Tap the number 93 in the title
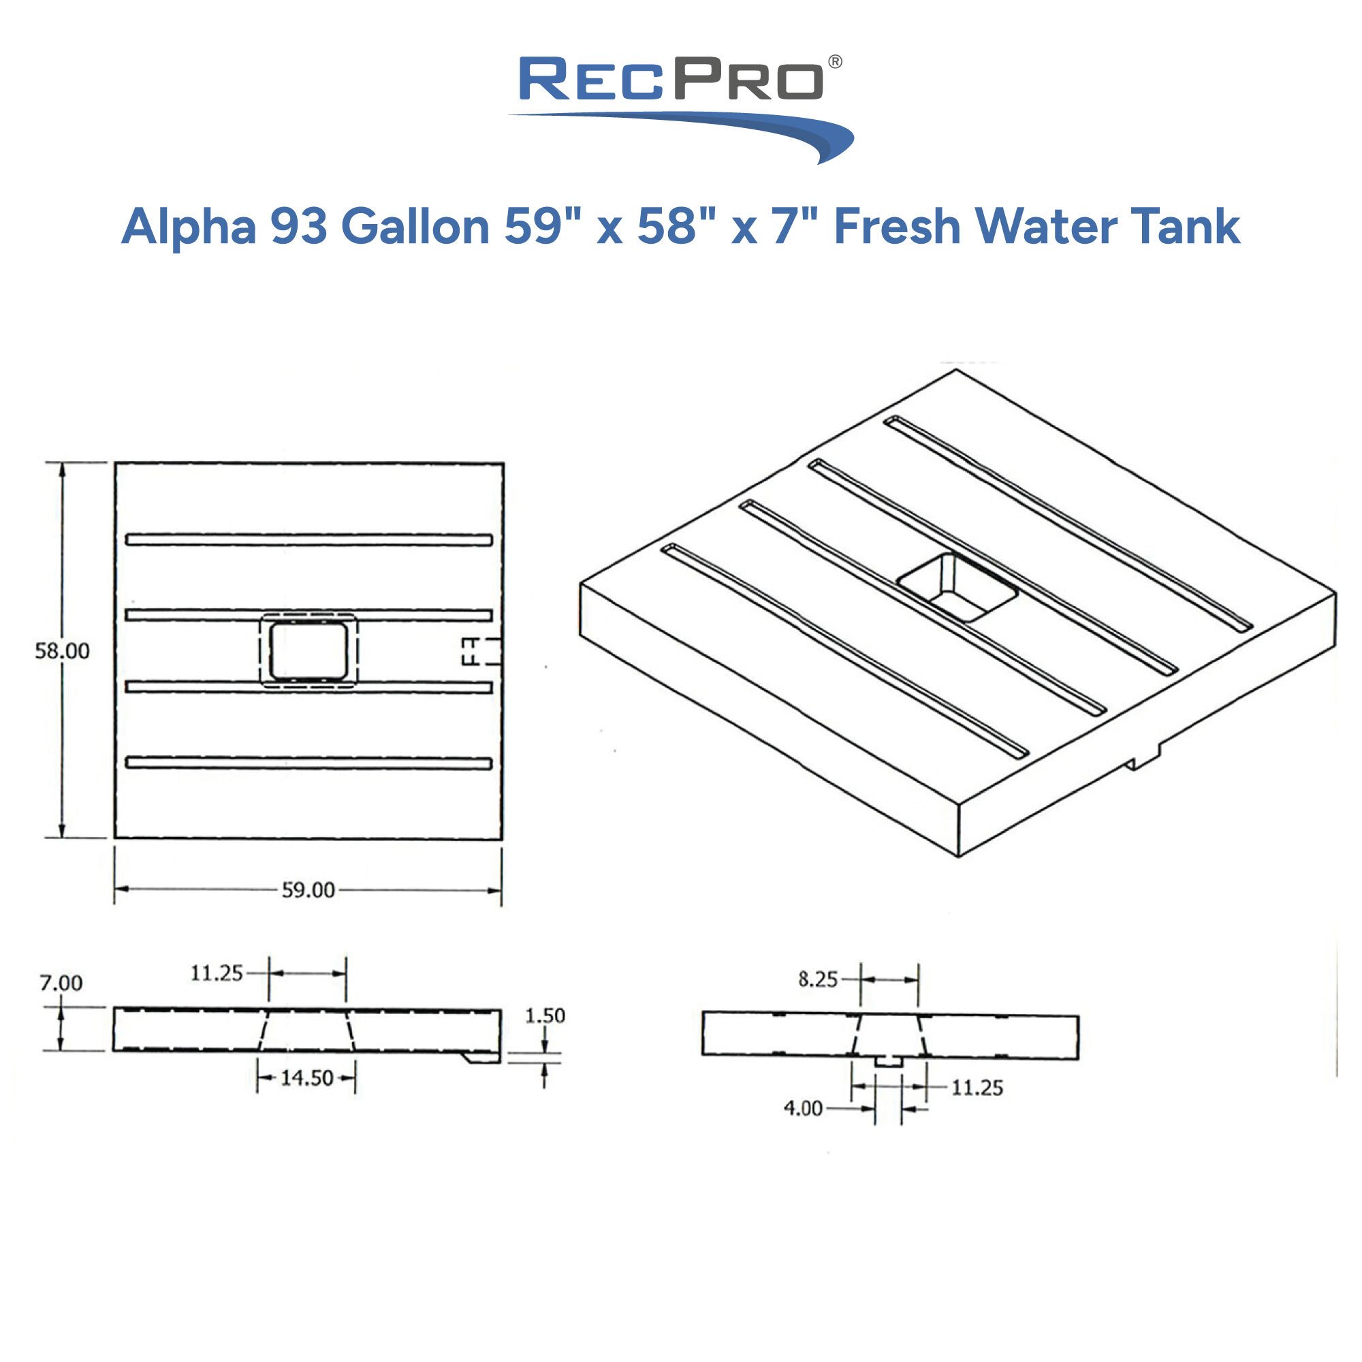299,227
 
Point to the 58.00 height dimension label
63,650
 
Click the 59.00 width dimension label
308,890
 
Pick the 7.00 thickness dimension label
61,983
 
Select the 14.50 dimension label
306,1078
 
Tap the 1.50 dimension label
545,1016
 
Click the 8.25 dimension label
818,979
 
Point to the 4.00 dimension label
803,1108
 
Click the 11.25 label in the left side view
217,974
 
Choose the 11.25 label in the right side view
977,1088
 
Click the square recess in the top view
308,650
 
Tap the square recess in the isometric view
957,586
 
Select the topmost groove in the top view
308,540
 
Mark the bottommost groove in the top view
308,763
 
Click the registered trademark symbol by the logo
835,62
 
